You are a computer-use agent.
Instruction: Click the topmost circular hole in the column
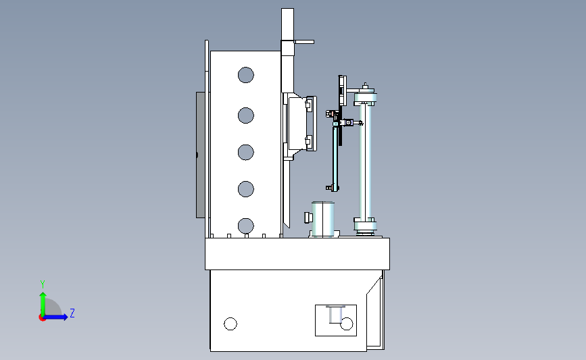pos(245,75)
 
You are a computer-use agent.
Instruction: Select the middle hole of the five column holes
pos(245,152)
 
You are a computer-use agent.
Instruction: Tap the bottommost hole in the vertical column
pos(245,226)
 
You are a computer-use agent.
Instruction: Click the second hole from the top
pos(245,115)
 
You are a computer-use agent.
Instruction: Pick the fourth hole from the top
pos(245,189)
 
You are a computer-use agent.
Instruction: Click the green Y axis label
pos(43,284)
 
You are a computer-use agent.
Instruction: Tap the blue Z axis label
pos(72,313)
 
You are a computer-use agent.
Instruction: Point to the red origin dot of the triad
pos(42,318)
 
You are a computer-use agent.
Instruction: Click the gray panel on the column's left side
pos(201,155)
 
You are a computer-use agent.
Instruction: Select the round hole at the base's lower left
pos(230,324)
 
